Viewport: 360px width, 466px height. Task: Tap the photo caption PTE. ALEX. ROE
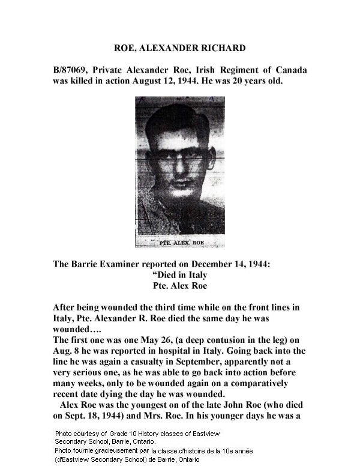point(179,243)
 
